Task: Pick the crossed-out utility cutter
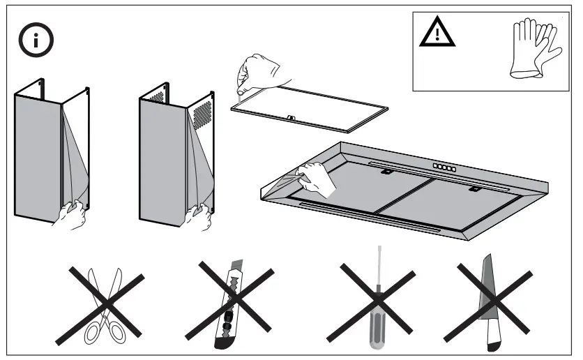(x=234, y=303)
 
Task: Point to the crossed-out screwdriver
(x=377, y=301)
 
